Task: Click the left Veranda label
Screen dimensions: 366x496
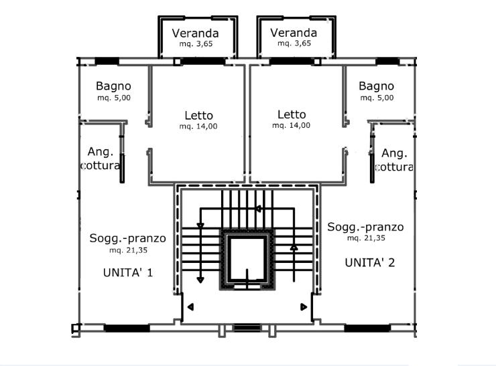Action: (196, 33)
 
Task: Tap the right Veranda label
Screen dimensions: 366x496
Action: (294, 33)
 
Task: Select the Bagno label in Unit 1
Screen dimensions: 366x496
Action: (113, 86)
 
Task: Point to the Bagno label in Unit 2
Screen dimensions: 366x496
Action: (376, 86)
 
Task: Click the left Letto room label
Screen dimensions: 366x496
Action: (198, 114)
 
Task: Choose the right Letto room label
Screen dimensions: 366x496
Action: (292, 114)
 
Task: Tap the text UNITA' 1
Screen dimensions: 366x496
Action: (128, 272)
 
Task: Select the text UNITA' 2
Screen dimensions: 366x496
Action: (369, 262)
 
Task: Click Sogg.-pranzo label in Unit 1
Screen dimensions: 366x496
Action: (127, 239)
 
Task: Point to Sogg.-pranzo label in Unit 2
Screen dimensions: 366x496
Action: (365, 227)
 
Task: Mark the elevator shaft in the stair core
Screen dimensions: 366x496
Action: (247, 259)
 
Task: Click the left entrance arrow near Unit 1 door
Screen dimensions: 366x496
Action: (190, 307)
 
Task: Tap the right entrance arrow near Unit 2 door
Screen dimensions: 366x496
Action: (304, 307)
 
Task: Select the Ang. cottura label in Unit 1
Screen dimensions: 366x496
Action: (101, 159)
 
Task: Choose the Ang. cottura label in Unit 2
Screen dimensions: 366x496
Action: (393, 160)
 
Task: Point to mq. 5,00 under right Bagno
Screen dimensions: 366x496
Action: (376, 98)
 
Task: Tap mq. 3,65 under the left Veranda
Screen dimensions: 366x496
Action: (196, 43)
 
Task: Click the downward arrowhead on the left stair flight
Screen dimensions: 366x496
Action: (200, 280)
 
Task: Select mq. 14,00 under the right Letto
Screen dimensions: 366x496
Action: (292, 125)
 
